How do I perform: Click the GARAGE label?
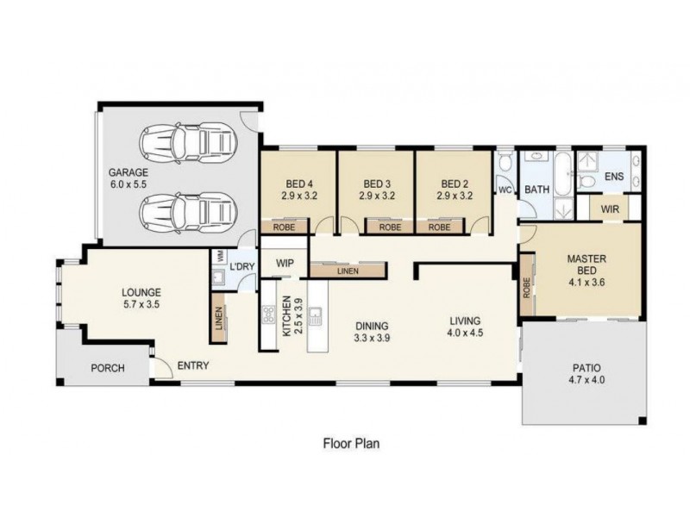129,172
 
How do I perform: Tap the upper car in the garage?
188,142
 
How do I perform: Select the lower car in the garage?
188,213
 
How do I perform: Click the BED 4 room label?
298,184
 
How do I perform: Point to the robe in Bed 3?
390,227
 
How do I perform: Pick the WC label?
505,190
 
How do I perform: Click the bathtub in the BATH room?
562,174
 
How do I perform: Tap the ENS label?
614,177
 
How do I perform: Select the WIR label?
610,209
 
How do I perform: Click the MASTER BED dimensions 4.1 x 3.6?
586,283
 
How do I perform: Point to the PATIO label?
586,368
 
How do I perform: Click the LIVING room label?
465,321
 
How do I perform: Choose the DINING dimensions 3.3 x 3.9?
372,338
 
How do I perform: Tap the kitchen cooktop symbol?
269,315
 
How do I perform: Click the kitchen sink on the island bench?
315,315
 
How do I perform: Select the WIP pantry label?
285,264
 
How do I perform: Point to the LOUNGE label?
141,292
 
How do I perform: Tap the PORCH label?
107,368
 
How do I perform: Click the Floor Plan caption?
351,443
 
